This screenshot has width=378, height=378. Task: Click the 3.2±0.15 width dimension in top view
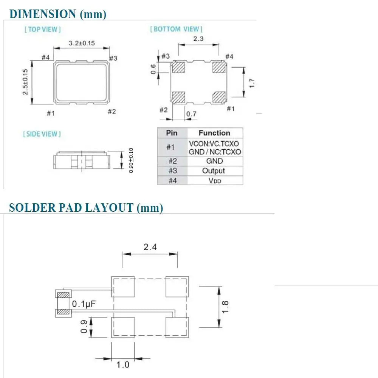click(82, 43)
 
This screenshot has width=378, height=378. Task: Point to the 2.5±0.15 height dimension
click(25, 82)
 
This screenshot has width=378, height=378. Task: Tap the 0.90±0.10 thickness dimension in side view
click(131, 160)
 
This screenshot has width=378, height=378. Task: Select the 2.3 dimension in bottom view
click(198, 39)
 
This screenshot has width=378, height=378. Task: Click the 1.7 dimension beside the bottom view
click(252, 83)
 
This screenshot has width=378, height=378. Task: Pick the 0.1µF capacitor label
click(84, 304)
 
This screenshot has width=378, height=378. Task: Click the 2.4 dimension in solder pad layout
click(150, 247)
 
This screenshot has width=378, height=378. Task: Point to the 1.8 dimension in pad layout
click(225, 307)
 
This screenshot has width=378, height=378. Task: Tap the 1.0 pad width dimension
click(123, 365)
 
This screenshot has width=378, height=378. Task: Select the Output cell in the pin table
click(213, 171)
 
